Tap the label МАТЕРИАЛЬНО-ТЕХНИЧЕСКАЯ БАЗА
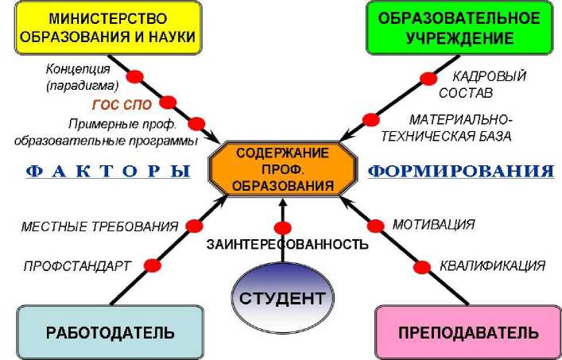(x=459, y=127)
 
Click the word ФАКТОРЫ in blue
(x=102, y=170)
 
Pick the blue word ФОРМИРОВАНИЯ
(x=461, y=170)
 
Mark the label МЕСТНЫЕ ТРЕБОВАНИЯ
(x=99, y=226)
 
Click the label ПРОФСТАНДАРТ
(x=77, y=266)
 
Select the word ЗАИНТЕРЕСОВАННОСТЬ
(x=287, y=244)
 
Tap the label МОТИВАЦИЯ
(x=433, y=224)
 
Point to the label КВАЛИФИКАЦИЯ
(x=492, y=265)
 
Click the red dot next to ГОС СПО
(x=168, y=102)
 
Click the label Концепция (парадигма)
(x=83, y=76)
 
